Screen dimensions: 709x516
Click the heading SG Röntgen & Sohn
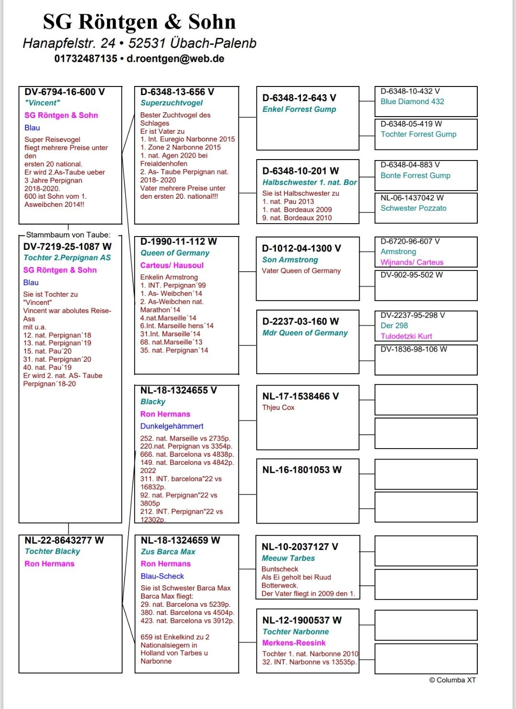139,22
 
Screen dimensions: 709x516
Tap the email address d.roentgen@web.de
175,59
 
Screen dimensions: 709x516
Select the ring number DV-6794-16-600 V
64,92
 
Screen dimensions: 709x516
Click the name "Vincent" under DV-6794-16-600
43,103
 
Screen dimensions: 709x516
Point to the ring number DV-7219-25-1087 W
67,247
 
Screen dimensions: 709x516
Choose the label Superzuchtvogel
172,103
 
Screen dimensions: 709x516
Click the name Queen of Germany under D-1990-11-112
175,253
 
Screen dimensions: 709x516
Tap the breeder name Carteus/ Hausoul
172,265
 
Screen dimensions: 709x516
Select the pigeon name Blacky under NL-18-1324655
153,402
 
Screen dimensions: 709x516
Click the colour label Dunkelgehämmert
172,426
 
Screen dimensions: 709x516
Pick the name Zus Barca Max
168,552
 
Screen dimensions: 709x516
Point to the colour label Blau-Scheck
162,576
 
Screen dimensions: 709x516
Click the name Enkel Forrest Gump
299,109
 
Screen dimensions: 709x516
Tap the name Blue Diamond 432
412,102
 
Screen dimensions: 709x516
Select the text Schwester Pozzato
414,208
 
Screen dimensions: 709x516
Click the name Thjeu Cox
278,408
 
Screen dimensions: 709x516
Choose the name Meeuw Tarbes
288,558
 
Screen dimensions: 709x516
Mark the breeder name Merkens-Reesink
294,643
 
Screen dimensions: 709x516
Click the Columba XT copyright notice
452,680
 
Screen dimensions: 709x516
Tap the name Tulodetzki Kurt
407,336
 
